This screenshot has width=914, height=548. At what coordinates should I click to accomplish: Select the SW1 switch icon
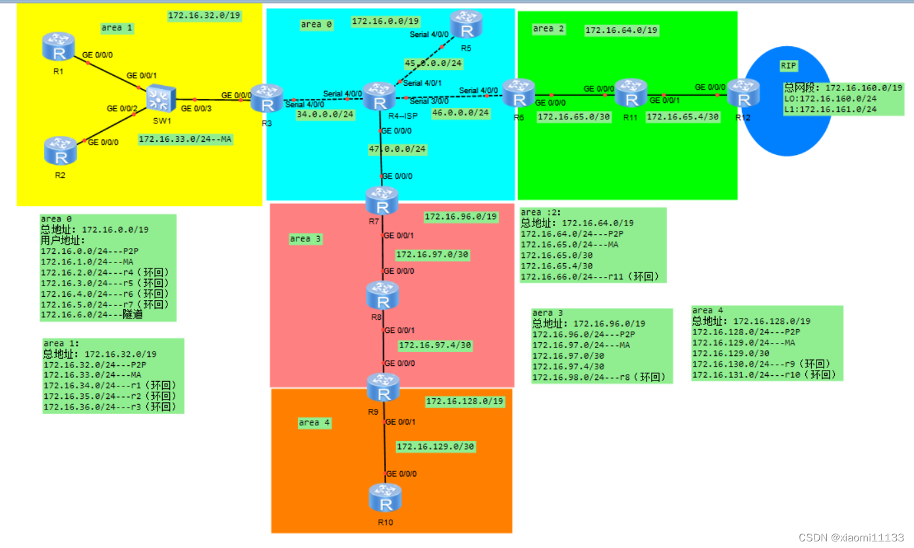(159, 99)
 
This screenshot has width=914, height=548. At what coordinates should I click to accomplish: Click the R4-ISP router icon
(379, 97)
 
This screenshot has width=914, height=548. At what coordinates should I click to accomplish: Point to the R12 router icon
(744, 94)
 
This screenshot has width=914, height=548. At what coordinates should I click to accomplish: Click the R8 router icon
(382, 296)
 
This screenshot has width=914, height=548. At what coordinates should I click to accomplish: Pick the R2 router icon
(61, 151)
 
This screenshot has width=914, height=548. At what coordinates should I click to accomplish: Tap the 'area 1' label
(117, 28)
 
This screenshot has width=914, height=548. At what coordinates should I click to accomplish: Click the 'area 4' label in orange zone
(314, 422)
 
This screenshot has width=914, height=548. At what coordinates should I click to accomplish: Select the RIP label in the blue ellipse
(788, 65)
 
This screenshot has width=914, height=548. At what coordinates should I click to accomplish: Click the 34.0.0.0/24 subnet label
(326, 114)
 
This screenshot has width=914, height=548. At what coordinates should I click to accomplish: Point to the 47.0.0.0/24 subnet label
(397, 150)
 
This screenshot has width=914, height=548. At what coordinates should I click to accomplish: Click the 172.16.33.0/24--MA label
(185, 139)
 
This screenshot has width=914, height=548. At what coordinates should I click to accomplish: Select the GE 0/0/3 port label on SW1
(196, 108)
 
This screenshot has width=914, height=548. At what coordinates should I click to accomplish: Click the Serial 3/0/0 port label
(429, 101)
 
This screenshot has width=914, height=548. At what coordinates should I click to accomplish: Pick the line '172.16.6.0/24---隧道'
(92, 315)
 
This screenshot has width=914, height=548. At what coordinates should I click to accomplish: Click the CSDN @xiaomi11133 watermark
(851, 537)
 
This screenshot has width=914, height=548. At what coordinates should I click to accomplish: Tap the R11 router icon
(631, 94)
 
